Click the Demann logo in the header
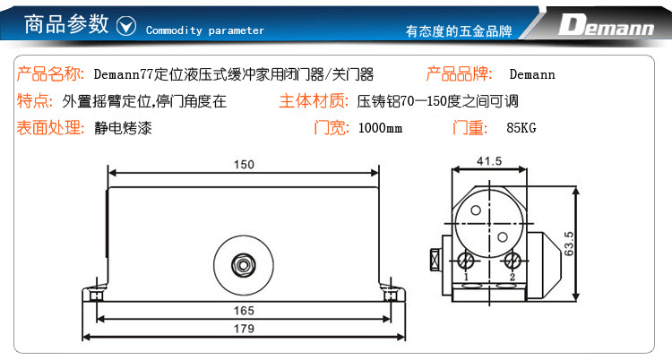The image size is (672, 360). (x=606, y=24)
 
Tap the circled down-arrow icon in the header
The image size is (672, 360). (x=126, y=26)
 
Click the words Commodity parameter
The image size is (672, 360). (x=205, y=30)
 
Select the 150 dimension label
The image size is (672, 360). (x=244, y=165)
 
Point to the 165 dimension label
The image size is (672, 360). (x=244, y=311)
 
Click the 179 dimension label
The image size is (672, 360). (x=244, y=329)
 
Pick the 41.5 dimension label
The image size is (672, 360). (x=489, y=161)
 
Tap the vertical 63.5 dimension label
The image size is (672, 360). (x=569, y=244)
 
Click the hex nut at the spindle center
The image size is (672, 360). (x=243, y=265)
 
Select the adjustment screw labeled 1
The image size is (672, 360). (x=465, y=260)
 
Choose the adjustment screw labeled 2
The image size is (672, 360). (x=513, y=260)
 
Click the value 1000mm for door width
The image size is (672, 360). (x=380, y=128)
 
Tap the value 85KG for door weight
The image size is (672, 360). (x=521, y=128)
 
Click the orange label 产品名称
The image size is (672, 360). (x=49, y=74)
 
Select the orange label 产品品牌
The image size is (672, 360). (x=459, y=74)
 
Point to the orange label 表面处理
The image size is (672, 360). (x=49, y=128)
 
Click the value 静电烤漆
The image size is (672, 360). (x=123, y=128)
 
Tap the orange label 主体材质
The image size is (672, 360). (x=314, y=101)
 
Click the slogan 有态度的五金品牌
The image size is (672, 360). (x=459, y=30)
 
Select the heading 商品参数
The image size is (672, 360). (x=66, y=24)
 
